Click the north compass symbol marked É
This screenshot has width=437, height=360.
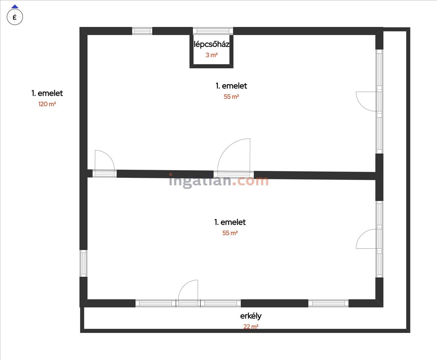click(15, 16)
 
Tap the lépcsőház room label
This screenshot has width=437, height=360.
click(211, 44)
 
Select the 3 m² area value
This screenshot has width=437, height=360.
click(211, 55)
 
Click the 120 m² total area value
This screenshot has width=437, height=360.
click(47, 104)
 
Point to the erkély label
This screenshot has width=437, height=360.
click(251, 316)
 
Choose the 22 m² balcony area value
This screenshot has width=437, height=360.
click(251, 327)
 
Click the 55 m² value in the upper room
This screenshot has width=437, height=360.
click(231, 97)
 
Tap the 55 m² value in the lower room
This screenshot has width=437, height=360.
click(230, 233)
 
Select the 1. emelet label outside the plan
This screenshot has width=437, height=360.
click(47, 93)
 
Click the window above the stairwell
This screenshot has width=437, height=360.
click(213, 31)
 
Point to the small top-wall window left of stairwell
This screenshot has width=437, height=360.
click(142, 31)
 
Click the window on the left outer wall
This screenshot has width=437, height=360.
click(83, 263)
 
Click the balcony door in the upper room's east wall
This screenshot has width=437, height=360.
click(368, 101)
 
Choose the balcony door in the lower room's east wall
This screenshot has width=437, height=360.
click(368, 239)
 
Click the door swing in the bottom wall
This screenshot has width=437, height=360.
click(188, 291)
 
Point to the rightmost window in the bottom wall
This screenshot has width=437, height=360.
click(328, 303)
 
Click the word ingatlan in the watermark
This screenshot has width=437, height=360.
click(200, 181)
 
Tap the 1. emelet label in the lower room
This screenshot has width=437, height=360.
click(230, 222)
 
